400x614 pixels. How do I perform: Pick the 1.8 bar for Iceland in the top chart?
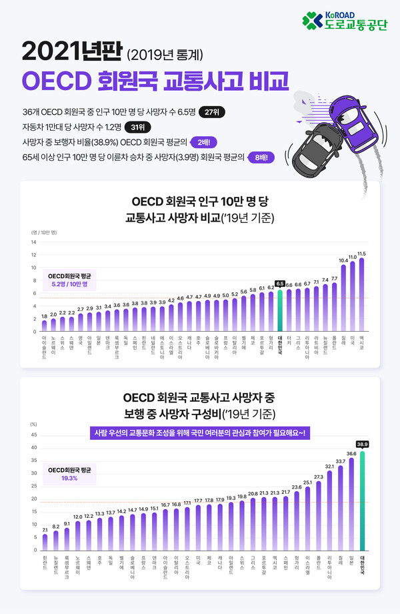[x=45, y=326]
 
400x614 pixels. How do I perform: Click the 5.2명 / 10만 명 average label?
[x=70, y=284]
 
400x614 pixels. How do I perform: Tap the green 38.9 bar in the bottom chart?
[x=362, y=501]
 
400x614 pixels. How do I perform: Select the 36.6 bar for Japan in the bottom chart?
[x=351, y=504]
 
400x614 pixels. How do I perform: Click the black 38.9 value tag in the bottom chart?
[x=362, y=444]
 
